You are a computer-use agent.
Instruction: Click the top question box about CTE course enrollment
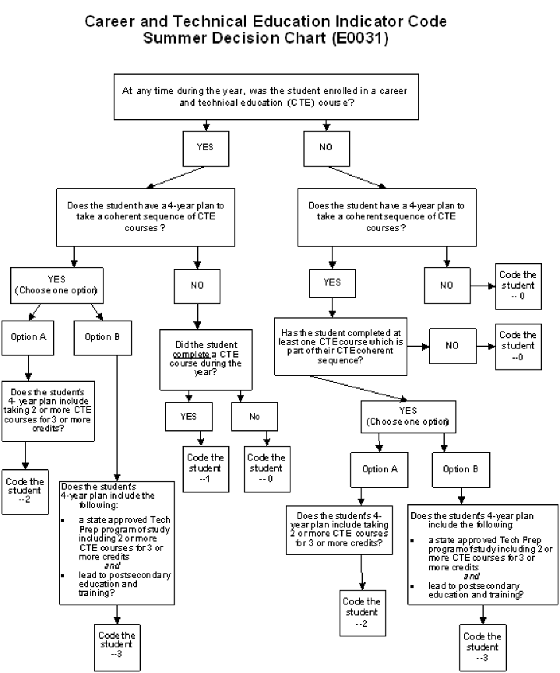265,96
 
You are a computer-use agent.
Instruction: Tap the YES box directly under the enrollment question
204,145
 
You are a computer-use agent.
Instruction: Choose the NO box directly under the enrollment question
325,145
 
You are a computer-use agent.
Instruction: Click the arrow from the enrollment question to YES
204,124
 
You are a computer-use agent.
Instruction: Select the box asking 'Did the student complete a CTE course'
199,359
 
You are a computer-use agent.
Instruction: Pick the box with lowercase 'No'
254,416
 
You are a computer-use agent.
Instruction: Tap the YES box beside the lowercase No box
188,416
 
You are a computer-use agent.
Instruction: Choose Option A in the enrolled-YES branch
28,337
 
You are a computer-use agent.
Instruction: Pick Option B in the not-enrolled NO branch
456,469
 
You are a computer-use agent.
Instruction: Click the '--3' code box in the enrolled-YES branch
117,645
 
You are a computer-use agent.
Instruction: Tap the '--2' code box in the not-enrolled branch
362,612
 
